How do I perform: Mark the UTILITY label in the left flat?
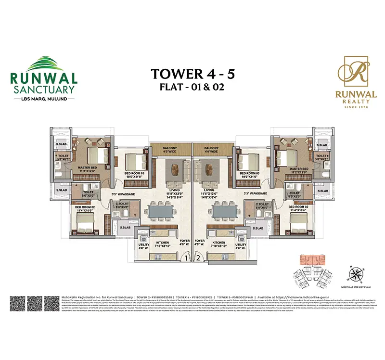click(143, 244)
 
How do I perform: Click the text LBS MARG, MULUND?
click(43, 100)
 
